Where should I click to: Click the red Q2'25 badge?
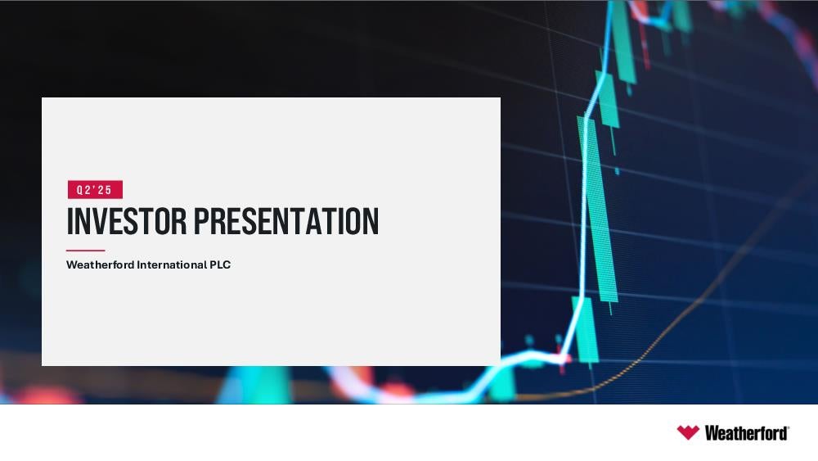[95, 189]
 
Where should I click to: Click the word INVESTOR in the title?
[127, 221]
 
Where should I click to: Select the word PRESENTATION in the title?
[285, 221]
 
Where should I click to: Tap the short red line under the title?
[86, 251]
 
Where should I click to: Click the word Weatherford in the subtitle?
[100, 264]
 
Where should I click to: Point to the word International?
[172, 264]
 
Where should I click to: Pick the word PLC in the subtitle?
[220, 264]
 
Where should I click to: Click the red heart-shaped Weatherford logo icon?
[688, 432]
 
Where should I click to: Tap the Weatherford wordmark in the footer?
[746, 433]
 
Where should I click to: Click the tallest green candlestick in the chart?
[597, 209]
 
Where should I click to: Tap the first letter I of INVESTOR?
[70, 221]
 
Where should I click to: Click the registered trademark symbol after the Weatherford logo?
[789, 427]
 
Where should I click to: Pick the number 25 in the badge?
[105, 190]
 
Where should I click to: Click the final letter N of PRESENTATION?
[372, 221]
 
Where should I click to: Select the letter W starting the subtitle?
[71, 264]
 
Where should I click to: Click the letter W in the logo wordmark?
[711, 433]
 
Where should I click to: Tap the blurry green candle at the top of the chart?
[623, 42]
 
